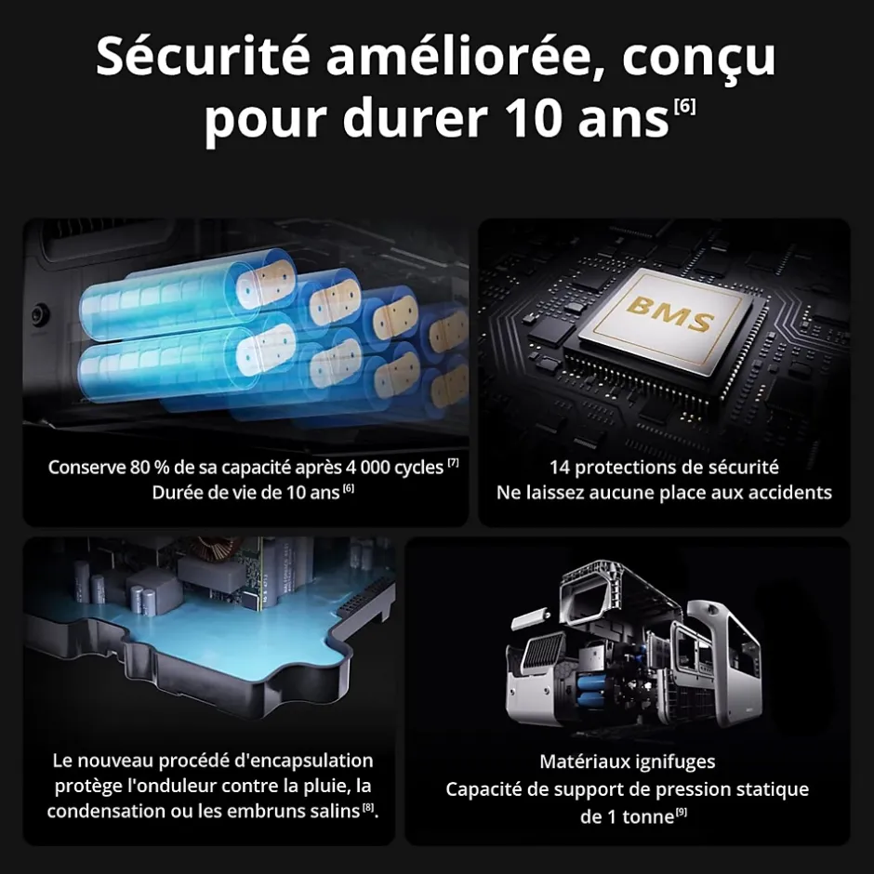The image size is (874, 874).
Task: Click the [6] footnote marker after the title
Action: (683, 106)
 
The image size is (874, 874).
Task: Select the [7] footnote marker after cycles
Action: (454, 462)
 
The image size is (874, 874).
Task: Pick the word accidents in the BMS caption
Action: (787, 492)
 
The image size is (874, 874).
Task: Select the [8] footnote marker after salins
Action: (368, 807)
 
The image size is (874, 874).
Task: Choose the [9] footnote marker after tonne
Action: (682, 814)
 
